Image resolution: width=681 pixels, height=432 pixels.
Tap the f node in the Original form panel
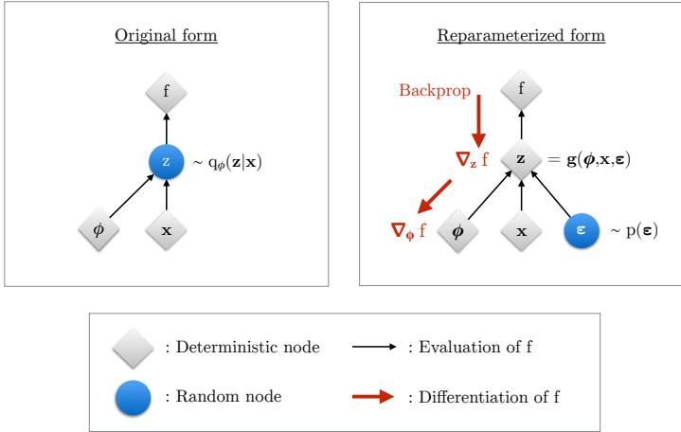click(x=167, y=93)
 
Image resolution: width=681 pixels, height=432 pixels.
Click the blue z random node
click(x=167, y=162)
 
